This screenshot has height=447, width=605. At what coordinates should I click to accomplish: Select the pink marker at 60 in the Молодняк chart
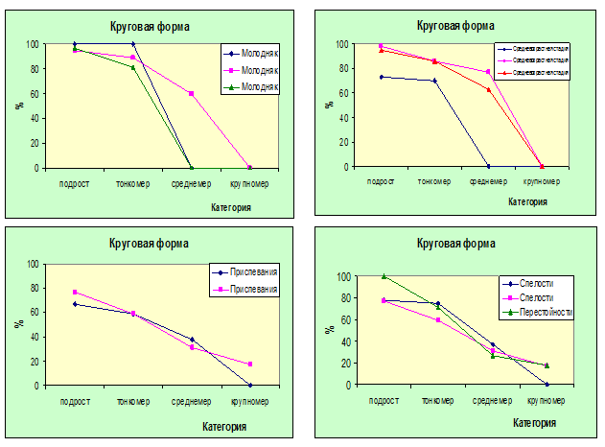point(191,93)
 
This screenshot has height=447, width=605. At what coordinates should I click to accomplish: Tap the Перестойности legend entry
point(539,312)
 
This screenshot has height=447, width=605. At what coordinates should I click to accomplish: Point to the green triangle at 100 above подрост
point(384,276)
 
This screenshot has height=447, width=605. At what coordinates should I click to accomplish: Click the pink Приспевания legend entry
point(250,288)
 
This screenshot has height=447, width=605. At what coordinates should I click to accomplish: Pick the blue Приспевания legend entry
point(250,273)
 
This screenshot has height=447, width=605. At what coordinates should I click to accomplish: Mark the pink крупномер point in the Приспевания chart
point(251,365)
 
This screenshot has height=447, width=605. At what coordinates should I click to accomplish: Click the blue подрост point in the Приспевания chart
point(75,304)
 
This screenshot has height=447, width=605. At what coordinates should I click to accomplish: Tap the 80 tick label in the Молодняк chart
point(34,69)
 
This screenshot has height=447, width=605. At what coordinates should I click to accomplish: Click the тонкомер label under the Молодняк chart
point(132,183)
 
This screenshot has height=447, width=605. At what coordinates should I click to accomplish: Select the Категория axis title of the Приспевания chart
point(224,426)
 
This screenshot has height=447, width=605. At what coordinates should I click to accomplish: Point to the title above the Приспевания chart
point(149,244)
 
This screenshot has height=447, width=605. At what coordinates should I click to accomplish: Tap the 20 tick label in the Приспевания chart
point(34,362)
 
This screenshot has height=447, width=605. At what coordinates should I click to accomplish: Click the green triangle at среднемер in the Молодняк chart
point(191,167)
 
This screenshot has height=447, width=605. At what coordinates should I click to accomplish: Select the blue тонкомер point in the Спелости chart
point(438,304)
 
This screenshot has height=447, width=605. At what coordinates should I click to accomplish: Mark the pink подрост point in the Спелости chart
point(384,300)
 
